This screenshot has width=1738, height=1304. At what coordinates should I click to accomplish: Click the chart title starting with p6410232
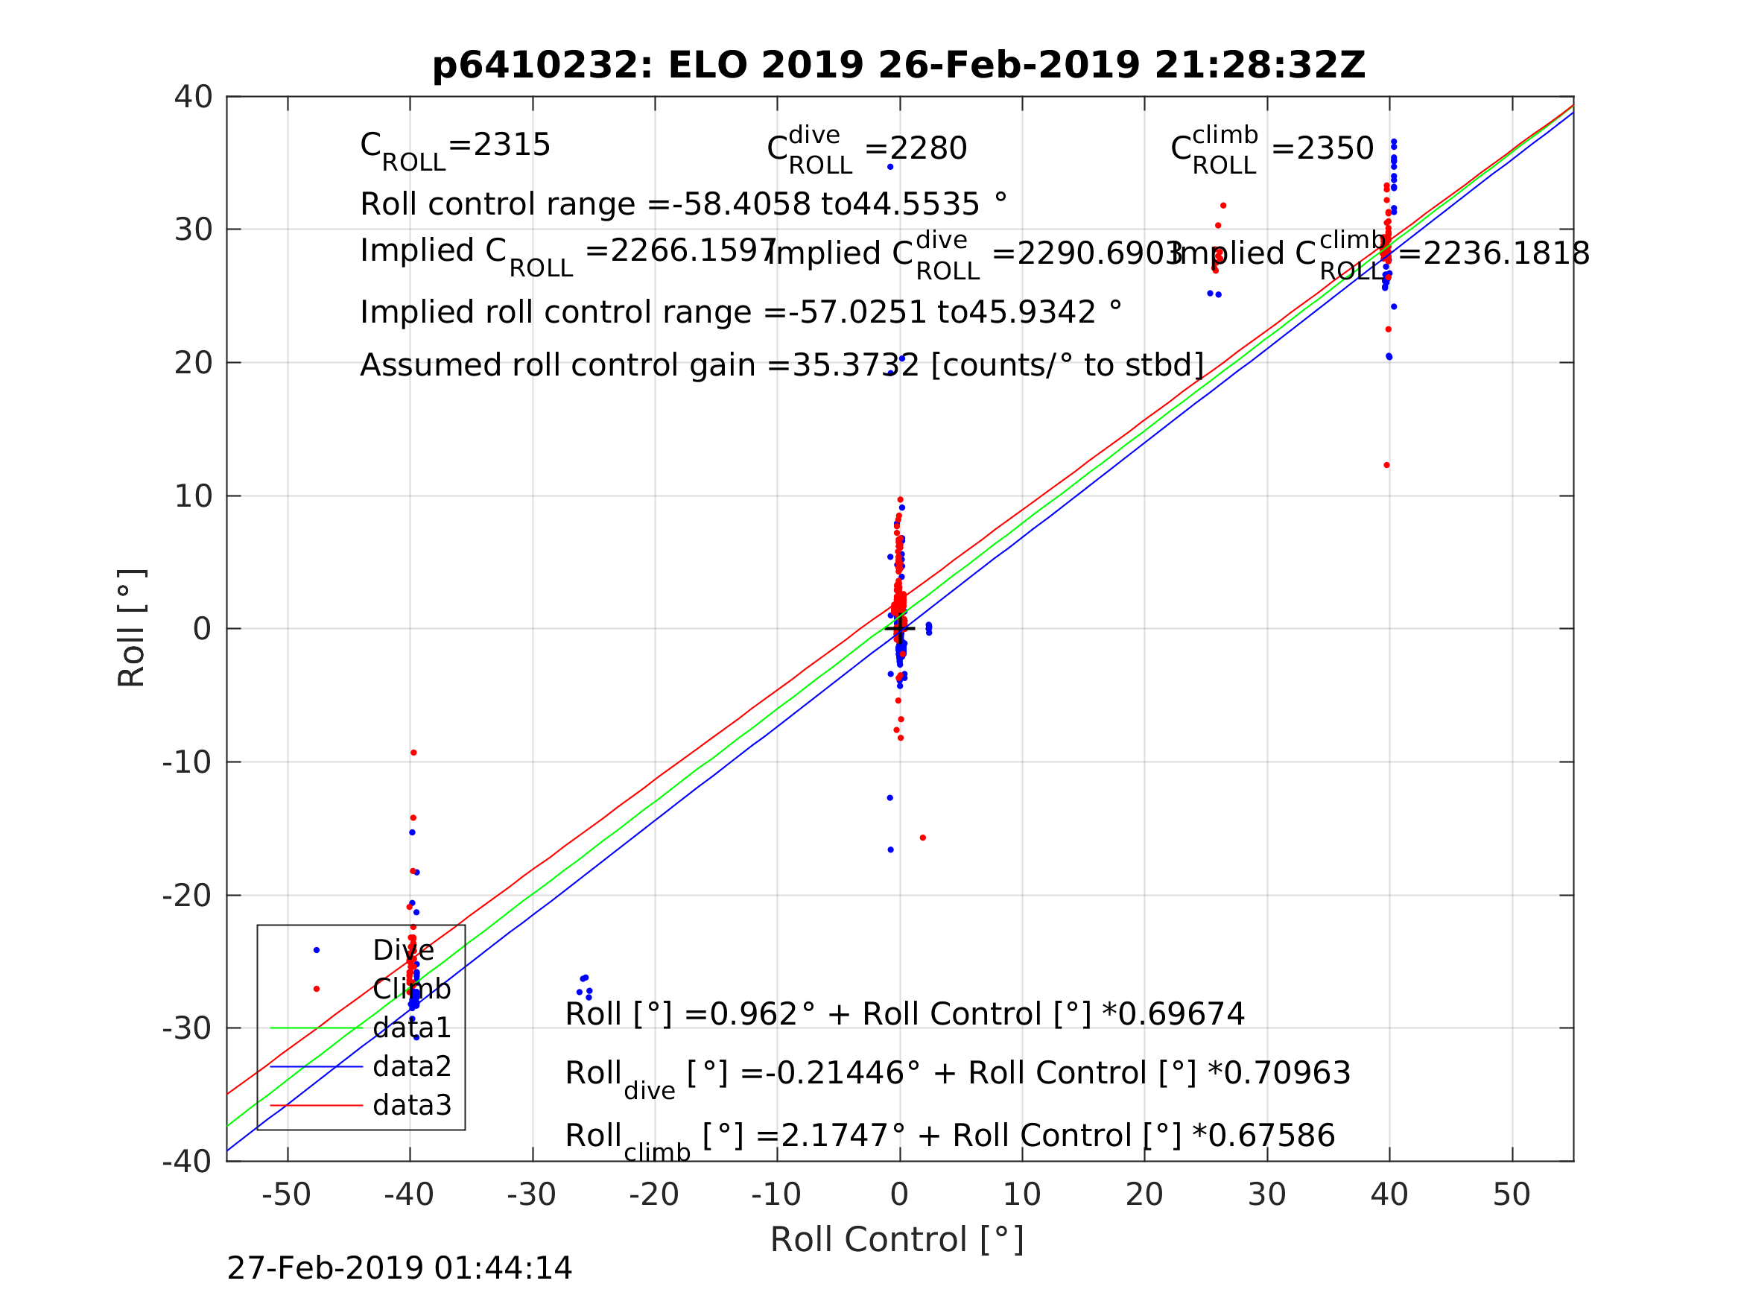coord(899,66)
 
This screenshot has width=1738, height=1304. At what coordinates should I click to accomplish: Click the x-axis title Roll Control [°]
coord(896,1240)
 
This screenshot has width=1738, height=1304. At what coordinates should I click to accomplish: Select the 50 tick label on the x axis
coord(1511,1194)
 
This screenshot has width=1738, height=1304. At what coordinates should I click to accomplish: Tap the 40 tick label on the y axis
coord(193,98)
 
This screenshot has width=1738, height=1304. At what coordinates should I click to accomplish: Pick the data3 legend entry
coord(412,1105)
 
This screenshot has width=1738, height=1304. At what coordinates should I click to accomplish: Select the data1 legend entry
coord(412,1028)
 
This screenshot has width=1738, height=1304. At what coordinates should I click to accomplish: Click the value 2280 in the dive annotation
coord(928,148)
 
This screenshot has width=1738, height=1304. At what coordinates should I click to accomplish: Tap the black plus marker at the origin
coord(900,628)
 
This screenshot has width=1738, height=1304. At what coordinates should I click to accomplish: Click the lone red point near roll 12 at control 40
coord(1387,465)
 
